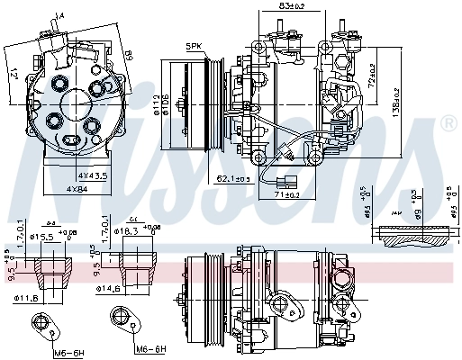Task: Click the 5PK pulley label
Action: (x=195, y=46)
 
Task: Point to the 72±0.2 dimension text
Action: (x=371, y=81)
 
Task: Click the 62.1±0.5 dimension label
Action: (x=233, y=178)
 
